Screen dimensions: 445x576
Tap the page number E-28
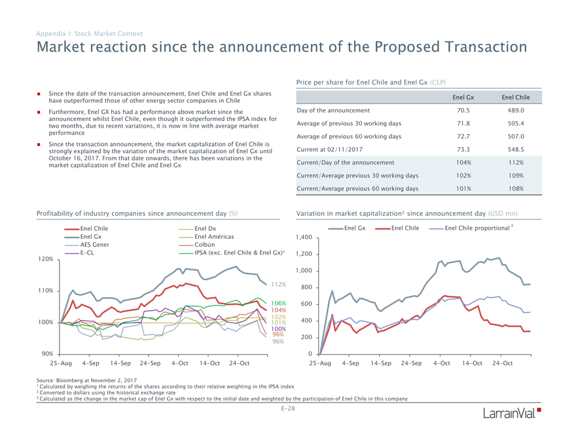(x=288, y=408)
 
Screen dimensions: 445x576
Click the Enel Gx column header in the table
(x=463, y=98)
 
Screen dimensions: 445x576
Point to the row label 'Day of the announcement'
(x=333, y=111)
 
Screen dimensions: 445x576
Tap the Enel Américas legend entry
(x=214, y=236)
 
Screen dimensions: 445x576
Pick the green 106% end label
(x=278, y=304)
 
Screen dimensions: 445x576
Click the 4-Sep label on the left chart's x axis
(x=91, y=363)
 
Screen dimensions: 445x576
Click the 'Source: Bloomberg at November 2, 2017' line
(x=86, y=380)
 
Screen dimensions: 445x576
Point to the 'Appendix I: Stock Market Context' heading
(x=89, y=33)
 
